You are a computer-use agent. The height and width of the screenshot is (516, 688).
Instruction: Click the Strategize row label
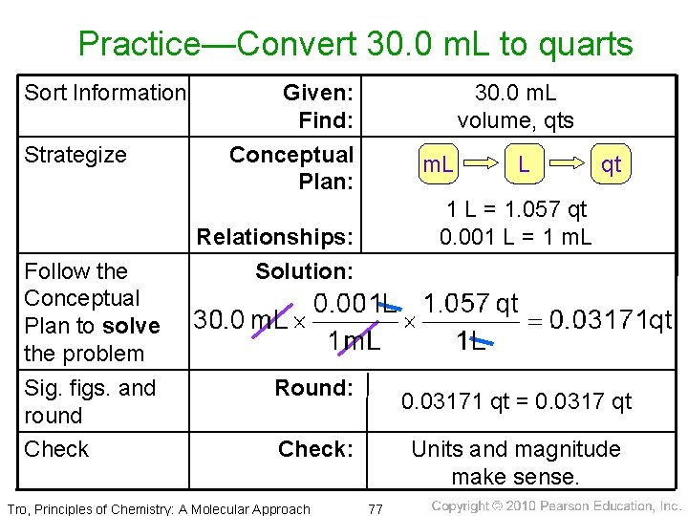coord(75,155)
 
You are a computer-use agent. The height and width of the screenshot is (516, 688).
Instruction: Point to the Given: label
coord(318,93)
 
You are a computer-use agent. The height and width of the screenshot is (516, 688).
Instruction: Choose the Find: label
coord(326,120)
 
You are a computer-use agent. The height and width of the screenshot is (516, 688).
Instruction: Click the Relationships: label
coord(275,236)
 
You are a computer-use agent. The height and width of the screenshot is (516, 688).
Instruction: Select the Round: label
coord(313,388)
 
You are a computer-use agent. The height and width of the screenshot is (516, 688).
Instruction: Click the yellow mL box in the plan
coord(439,164)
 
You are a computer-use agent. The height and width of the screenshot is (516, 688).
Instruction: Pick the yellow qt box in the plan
coord(611,164)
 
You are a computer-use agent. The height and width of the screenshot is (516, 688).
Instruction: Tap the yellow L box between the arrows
coord(524,164)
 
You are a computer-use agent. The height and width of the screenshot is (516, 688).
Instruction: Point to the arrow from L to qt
coord(567,164)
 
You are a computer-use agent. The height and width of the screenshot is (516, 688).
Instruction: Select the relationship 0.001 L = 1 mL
coord(516,235)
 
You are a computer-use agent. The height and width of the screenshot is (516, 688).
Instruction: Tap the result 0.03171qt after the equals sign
coord(611,319)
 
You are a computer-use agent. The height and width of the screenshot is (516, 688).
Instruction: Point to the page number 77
coord(376,507)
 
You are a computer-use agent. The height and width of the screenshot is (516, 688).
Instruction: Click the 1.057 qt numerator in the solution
coord(471,304)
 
